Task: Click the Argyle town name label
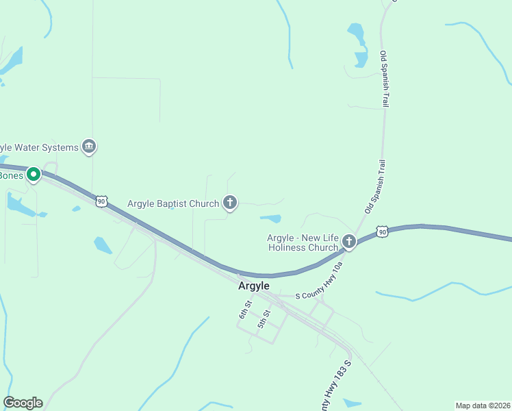[254, 286]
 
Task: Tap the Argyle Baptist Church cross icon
[230, 203]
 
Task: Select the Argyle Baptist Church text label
[173, 203]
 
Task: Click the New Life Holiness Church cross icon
[349, 241]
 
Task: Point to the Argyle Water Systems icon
[89, 147]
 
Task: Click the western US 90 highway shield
[101, 201]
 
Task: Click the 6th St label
[245, 310]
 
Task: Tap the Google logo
[23, 403]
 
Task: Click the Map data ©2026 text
[483, 405]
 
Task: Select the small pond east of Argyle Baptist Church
[271, 219]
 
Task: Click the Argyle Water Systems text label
[38, 147]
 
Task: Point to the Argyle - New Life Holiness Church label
[303, 242]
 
